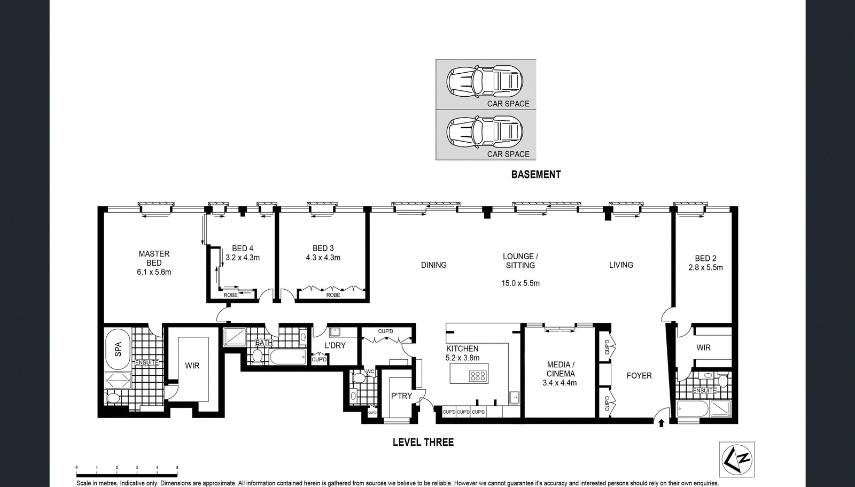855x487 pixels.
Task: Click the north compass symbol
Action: coord(737,460)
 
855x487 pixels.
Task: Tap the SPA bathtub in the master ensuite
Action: coord(118,349)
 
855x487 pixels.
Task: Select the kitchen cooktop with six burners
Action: coord(478,376)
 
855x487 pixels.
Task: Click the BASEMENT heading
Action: coord(536,175)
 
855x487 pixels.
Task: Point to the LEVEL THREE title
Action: coord(423,442)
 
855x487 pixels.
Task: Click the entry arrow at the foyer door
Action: coord(662,423)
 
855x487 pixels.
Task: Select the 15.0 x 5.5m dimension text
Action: coord(520,283)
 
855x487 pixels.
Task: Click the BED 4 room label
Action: coord(243,249)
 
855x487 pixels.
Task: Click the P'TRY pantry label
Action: coord(401,396)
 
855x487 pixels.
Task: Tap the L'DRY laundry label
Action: coord(335,346)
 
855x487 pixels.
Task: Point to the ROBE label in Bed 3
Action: coord(333,295)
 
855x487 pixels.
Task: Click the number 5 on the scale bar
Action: coord(177,468)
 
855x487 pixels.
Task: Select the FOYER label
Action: coord(639,376)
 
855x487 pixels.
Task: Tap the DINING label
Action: coord(433,265)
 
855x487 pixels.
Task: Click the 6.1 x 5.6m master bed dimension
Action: coord(154,272)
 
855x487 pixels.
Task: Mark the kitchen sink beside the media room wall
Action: coord(514,398)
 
